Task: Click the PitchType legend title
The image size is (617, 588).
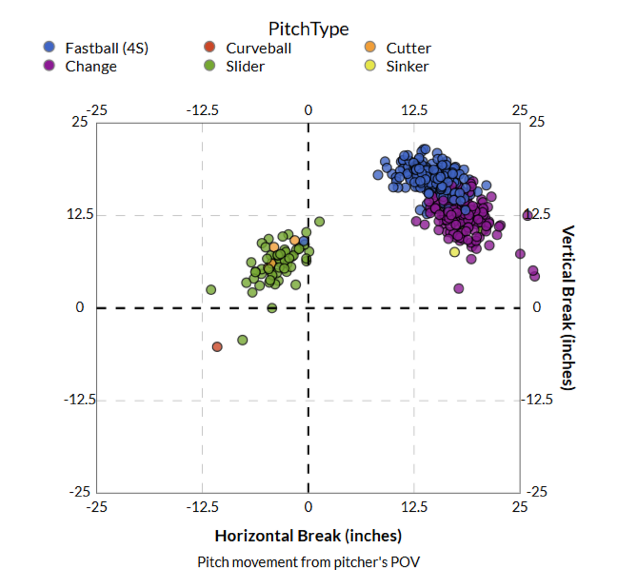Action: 308,29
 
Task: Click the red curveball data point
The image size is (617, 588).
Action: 217,347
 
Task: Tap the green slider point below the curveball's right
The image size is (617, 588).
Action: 242,340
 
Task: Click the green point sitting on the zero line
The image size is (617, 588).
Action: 272,308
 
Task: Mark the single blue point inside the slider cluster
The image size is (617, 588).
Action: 303,241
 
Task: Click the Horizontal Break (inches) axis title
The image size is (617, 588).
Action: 308,536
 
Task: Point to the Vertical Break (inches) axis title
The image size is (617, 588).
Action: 568,307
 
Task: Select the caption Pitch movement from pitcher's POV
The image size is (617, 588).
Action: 308,562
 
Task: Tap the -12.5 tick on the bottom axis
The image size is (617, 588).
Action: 202,507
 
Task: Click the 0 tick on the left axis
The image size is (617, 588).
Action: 80,307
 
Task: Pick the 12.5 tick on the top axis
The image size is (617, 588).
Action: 414,110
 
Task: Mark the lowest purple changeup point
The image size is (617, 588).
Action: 459,288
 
